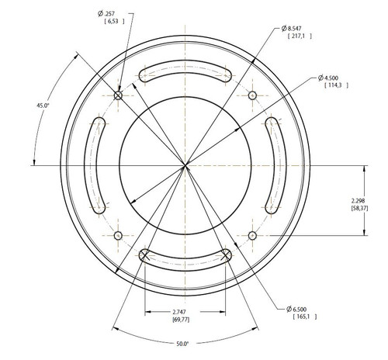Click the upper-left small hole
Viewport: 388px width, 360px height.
(x=118, y=95)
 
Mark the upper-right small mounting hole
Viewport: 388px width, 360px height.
(x=252, y=95)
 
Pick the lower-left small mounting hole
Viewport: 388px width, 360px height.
(x=117, y=235)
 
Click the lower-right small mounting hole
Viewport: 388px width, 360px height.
(x=252, y=235)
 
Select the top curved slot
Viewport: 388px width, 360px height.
(x=184, y=72)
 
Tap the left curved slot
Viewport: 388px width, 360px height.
(x=95, y=164)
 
